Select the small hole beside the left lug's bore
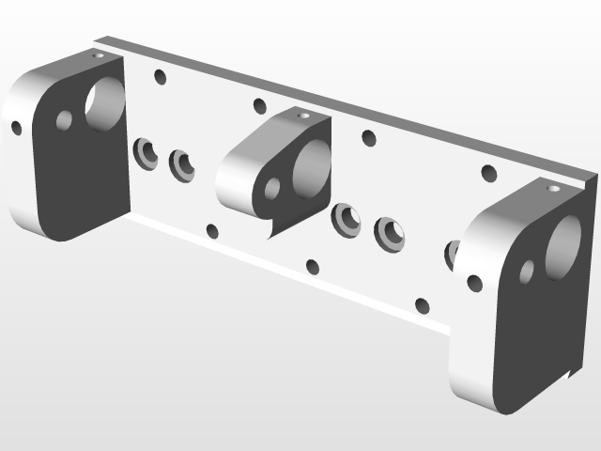(65, 120)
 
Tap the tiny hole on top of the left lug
(99, 55)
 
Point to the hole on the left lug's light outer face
(16, 128)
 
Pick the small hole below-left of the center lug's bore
(272, 190)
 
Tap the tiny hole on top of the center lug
(301, 115)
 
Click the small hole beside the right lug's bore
(527, 272)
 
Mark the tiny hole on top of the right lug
(551, 188)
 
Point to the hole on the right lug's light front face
(475, 281)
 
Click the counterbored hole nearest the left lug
(145, 151)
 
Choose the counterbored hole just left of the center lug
(182, 165)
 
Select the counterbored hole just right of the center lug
(347, 219)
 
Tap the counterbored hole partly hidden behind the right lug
(452, 253)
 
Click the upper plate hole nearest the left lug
(160, 77)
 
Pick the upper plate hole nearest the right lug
(488, 173)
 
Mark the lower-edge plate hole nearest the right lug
(422, 304)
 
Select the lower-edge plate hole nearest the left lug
(212, 231)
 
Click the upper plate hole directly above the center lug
(260, 105)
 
